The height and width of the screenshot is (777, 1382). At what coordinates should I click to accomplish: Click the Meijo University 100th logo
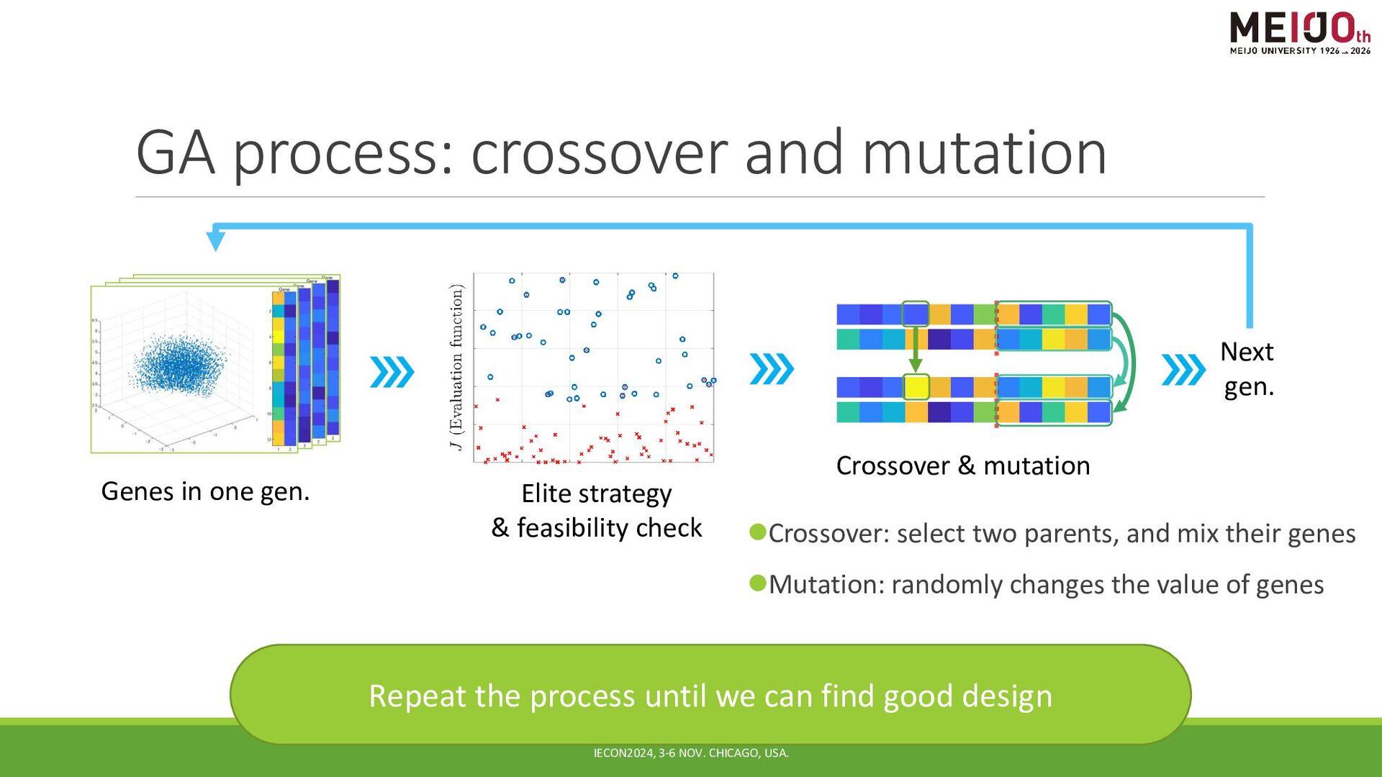[x=1299, y=33]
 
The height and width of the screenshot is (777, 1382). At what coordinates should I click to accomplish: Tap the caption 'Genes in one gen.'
[x=205, y=491]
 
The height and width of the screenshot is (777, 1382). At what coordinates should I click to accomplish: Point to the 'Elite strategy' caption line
[x=596, y=494]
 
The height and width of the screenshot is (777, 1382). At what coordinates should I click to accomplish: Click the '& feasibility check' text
[x=596, y=528]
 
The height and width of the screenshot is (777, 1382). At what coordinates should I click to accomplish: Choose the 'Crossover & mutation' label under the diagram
[x=962, y=466]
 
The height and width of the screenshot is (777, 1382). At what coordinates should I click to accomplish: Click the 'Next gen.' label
[x=1247, y=369]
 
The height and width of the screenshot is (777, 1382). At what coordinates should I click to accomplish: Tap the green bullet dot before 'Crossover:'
[x=758, y=532]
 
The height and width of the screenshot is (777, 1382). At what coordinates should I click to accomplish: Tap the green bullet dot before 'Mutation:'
[x=758, y=583]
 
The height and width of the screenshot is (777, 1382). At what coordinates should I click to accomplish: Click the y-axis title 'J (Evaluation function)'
[x=456, y=367]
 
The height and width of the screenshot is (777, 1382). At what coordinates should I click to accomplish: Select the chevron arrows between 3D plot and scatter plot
[x=392, y=372]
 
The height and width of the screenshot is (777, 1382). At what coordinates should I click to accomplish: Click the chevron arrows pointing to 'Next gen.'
[x=1183, y=370]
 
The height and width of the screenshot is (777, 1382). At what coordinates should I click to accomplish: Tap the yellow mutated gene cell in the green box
[x=916, y=387]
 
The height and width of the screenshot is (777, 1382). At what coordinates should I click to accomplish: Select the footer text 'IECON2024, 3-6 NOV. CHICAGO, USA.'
[x=690, y=753]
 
